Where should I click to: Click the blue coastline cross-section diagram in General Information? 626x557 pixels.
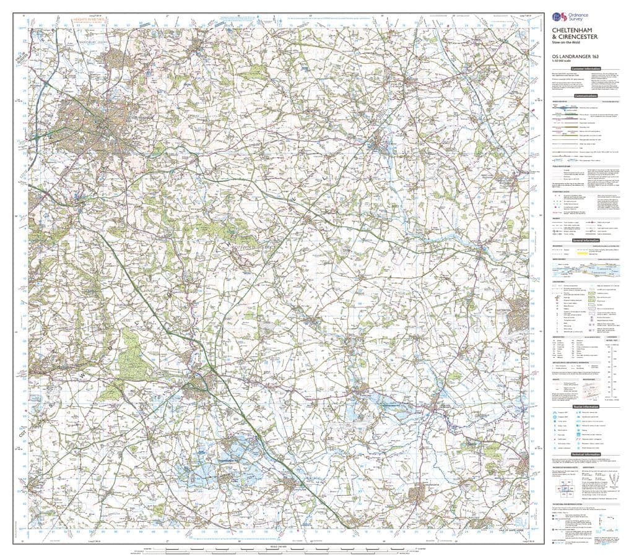[x=585, y=267]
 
